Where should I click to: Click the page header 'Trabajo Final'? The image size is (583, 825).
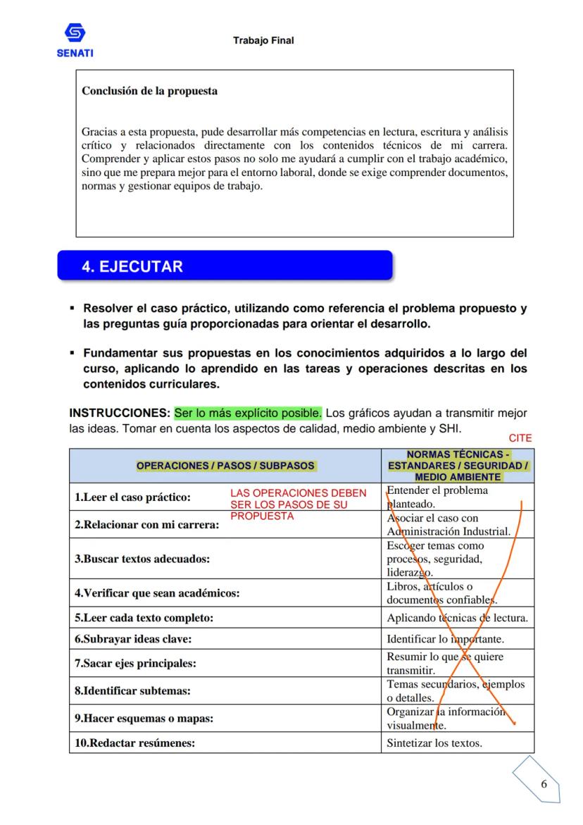[263, 41]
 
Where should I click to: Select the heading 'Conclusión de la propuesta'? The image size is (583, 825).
[149, 91]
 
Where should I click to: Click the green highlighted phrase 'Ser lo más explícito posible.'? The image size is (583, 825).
[248, 412]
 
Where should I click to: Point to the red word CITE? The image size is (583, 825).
[520, 438]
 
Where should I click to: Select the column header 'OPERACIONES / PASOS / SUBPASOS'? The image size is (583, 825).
[225, 466]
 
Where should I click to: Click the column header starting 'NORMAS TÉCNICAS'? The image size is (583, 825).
[458, 466]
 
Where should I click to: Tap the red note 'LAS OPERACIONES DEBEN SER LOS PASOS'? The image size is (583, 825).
[299, 504]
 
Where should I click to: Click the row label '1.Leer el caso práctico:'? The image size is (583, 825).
[132, 497]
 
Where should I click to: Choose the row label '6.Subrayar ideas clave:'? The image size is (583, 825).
[133, 639]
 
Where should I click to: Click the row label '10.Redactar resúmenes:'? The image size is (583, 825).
[134, 743]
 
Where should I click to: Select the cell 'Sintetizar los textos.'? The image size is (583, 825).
[434, 743]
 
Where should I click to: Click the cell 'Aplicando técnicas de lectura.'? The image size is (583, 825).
[457, 619]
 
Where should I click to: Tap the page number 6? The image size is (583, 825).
[544, 784]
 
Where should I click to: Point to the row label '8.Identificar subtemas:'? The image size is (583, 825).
[132, 691]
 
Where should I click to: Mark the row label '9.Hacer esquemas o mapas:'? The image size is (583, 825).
[144, 719]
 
